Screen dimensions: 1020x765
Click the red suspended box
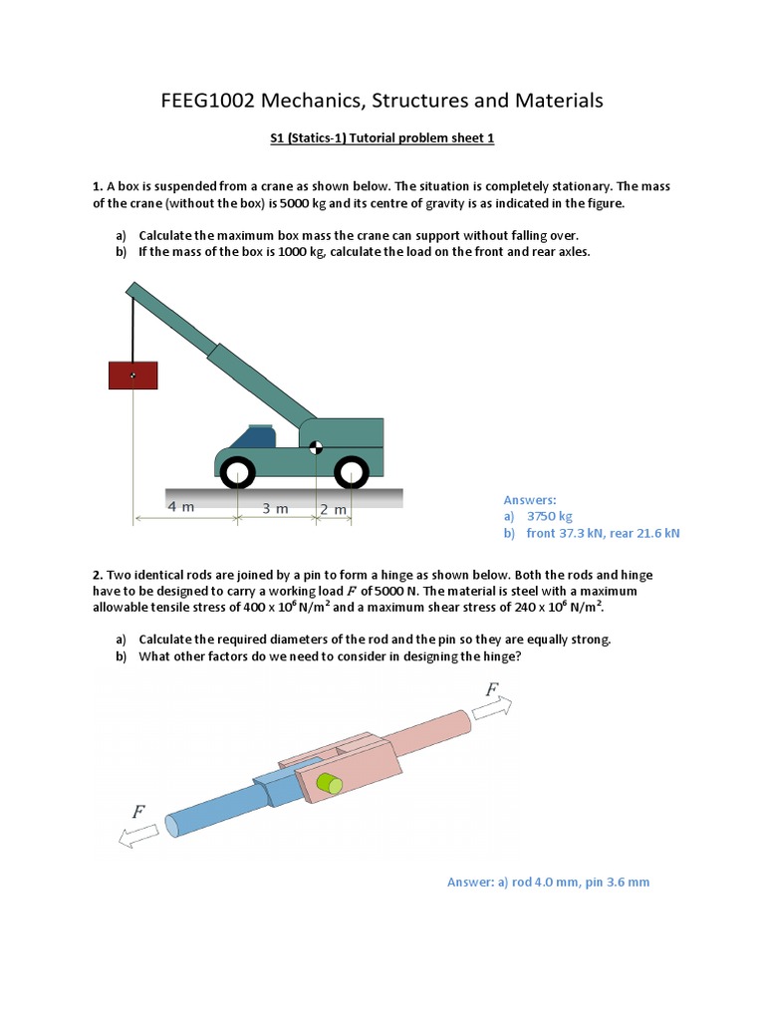(132, 375)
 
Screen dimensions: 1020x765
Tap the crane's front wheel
(238, 471)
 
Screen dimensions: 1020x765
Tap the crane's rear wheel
(352, 471)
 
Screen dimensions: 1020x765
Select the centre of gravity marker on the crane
(315, 447)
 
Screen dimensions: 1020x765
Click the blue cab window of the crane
(252, 436)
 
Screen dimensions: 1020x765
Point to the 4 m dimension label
(180, 507)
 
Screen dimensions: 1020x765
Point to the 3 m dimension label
(275, 508)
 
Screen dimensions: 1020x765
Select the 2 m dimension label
(333, 509)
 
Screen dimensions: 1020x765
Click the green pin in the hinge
(329, 784)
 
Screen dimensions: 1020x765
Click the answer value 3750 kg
(550, 516)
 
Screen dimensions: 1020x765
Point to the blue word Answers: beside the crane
(530, 500)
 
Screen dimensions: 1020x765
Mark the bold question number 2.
(98, 576)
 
